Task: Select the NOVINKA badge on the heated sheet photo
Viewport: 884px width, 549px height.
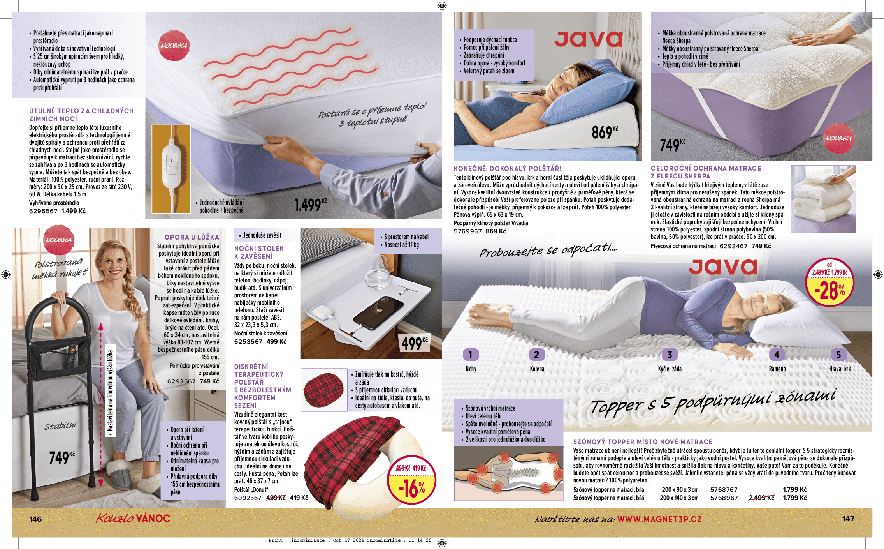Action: pos(174,46)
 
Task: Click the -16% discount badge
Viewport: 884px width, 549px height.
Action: pos(411,480)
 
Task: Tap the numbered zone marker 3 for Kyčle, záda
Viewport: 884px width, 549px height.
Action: pos(670,355)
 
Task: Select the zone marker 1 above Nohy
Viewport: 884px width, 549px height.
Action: pos(470,355)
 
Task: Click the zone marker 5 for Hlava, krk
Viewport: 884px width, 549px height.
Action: pos(838,355)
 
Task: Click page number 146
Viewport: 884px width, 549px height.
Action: pos(35,519)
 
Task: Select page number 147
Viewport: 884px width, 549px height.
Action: pos(848,519)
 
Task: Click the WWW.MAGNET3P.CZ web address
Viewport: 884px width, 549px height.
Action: pos(659,519)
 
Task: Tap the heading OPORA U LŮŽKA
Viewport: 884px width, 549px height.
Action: pos(192,237)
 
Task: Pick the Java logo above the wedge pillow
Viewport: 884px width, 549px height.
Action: pos(588,39)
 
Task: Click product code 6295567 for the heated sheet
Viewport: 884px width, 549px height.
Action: pos(43,211)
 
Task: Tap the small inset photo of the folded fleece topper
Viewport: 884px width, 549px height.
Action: pos(823,199)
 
